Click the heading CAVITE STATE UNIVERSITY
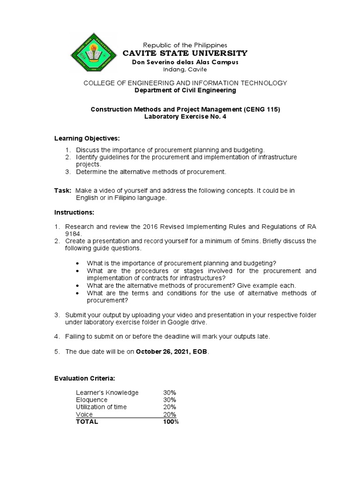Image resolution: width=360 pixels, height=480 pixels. [185, 53]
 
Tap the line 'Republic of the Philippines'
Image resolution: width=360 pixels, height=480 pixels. [184, 45]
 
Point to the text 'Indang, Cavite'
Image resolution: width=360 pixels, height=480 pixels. [184, 69]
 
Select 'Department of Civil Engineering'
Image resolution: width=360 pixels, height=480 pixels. [185, 90]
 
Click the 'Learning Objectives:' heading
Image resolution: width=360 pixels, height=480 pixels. [87, 138]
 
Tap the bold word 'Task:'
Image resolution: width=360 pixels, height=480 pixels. [63, 190]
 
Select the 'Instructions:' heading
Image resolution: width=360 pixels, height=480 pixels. [74, 212]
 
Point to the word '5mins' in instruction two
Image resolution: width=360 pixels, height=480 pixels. [245, 241]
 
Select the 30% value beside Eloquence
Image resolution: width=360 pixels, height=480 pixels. [170, 400]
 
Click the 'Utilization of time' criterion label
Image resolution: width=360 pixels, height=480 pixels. [101, 407]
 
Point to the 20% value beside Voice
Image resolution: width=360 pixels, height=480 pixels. [170, 414]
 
